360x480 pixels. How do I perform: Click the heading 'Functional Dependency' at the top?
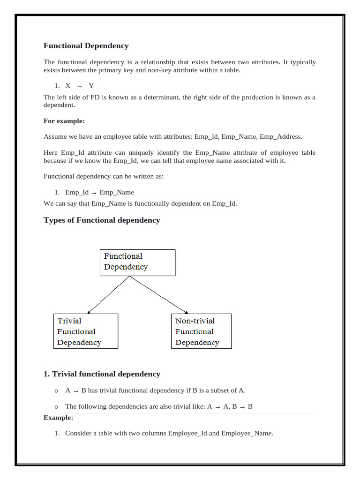pyautogui.click(x=86, y=46)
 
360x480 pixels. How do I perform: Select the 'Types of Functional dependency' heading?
pyautogui.click(x=102, y=220)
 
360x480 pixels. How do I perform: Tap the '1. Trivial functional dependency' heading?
pyautogui.click(x=102, y=374)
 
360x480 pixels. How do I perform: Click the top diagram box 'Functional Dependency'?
pyautogui.click(x=137, y=262)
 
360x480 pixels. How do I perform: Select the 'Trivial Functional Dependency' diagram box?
pyautogui.click(x=85, y=331)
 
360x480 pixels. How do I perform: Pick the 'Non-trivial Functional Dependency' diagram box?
pyautogui.click(x=201, y=331)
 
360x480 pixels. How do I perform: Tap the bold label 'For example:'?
pyautogui.click(x=64, y=121)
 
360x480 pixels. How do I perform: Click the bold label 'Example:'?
pyautogui.click(x=59, y=418)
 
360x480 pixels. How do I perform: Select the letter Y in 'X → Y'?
pyautogui.click(x=91, y=86)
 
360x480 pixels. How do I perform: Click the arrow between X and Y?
pyautogui.click(x=79, y=86)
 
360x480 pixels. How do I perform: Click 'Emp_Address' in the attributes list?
pyautogui.click(x=280, y=137)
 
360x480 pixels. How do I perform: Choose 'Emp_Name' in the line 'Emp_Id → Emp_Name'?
pyautogui.click(x=117, y=192)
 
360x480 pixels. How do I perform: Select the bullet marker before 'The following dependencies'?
pyautogui.click(x=56, y=407)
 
